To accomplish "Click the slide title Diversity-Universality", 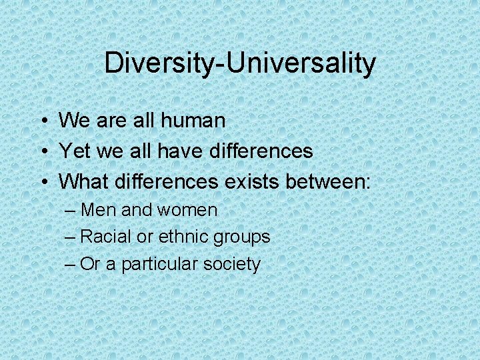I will pyautogui.click(x=240, y=64).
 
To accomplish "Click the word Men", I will pyautogui.click(x=99, y=210).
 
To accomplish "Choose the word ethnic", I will pyautogui.click(x=186, y=237).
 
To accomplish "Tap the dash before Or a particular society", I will pyautogui.click(x=71, y=265).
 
